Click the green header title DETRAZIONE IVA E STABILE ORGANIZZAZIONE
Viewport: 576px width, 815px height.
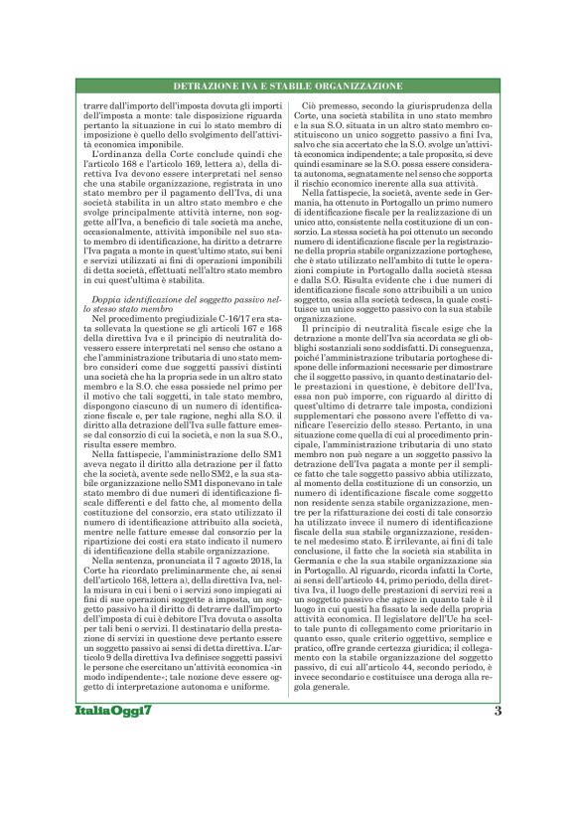[x=288, y=86]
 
